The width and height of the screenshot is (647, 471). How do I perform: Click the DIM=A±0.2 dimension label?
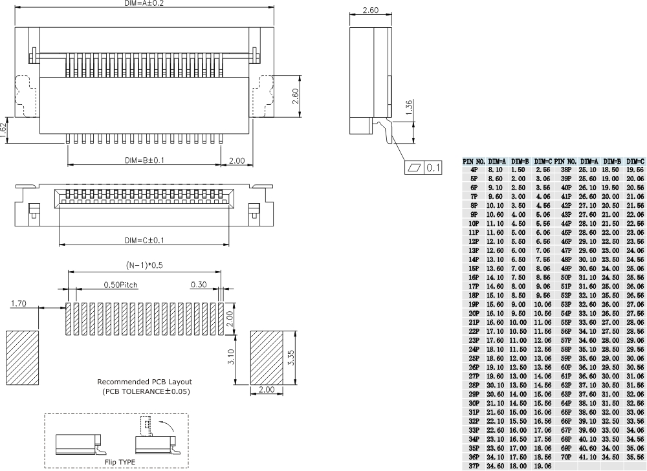[x=143, y=4]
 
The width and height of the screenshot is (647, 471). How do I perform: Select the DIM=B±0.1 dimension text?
[x=144, y=160]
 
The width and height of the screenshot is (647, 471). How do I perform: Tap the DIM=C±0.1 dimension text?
[x=144, y=241]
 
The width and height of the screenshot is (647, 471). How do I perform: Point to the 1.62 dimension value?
[x=4, y=127]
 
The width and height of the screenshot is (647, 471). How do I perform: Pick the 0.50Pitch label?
[x=120, y=284]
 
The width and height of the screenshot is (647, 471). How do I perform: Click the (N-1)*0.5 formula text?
[x=144, y=265]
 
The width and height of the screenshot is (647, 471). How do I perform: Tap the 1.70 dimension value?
[x=20, y=302]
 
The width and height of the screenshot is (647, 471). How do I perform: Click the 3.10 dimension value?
[x=241, y=357]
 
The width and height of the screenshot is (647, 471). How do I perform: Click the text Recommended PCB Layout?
[x=144, y=382]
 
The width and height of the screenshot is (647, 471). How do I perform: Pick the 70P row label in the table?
[x=564, y=455]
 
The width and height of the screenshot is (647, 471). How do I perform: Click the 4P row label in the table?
[x=474, y=169]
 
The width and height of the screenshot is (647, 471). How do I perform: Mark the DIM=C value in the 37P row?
[x=542, y=464]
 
